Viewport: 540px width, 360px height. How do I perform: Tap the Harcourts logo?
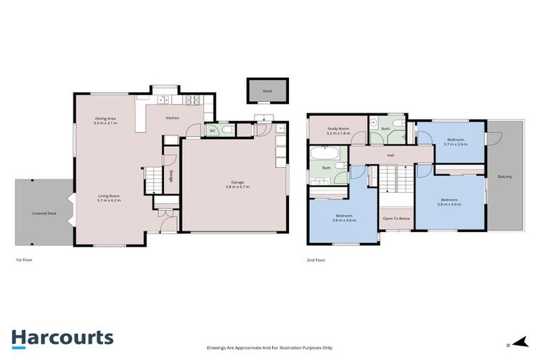(63, 337)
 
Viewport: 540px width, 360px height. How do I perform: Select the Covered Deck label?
(44, 213)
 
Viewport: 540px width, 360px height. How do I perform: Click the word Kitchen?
(172, 118)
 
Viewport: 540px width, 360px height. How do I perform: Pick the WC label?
(212, 130)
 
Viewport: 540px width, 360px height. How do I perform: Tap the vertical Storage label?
(172, 176)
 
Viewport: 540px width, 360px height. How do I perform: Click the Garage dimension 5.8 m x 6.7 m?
(238, 187)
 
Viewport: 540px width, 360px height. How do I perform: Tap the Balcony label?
(504, 176)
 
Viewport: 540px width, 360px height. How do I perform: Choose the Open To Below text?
(396, 219)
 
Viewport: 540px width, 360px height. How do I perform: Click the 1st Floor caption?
(24, 259)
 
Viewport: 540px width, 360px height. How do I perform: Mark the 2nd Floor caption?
(316, 259)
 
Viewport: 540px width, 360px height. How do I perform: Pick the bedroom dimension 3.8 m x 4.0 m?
(449, 204)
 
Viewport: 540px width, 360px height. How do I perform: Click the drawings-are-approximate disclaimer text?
(270, 347)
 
